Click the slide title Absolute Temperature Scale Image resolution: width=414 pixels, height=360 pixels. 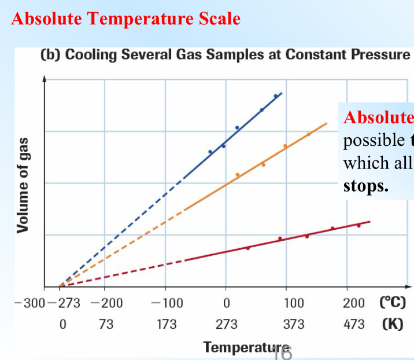click(x=125, y=19)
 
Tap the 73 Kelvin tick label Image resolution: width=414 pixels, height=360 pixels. click(x=105, y=324)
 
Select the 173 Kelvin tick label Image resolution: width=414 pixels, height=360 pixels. click(x=167, y=324)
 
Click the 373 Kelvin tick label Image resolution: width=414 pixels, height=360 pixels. click(x=294, y=324)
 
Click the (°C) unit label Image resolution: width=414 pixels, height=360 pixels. click(x=393, y=303)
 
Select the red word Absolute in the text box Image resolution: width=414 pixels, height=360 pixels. click(x=379, y=117)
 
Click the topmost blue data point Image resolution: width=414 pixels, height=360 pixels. click(x=276, y=96)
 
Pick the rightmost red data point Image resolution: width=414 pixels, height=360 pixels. click(x=358, y=225)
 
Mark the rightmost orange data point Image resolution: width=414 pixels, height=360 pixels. click(x=309, y=134)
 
